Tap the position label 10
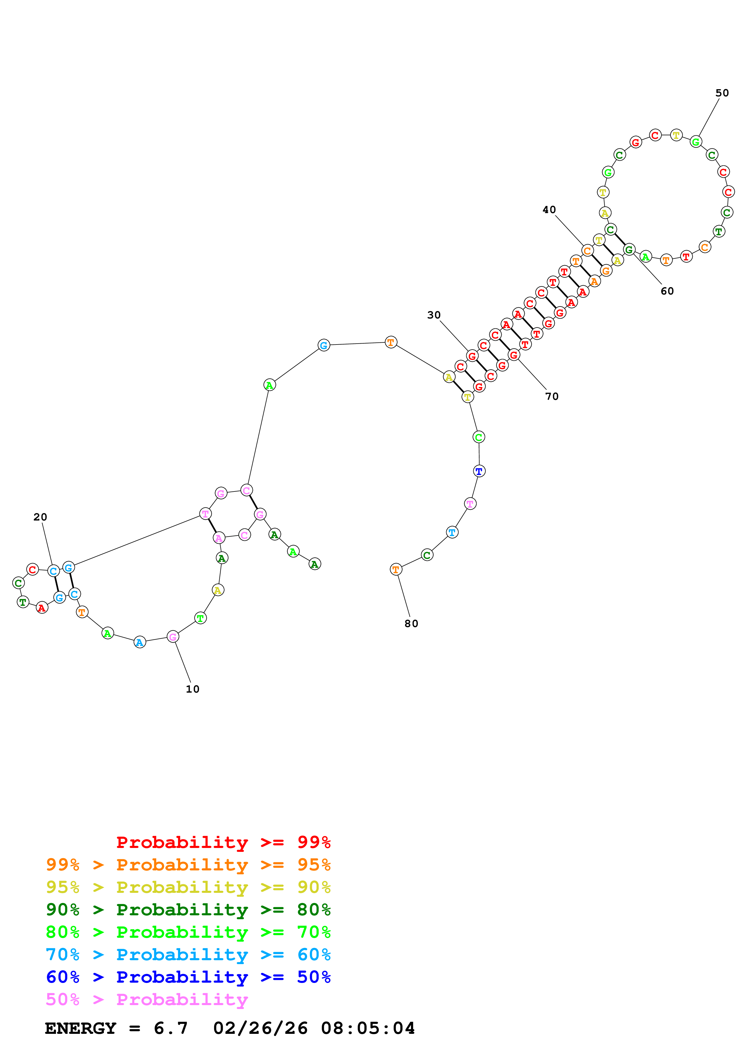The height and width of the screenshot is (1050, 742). (192, 689)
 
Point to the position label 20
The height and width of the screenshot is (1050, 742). (40, 517)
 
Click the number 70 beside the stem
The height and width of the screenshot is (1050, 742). (552, 397)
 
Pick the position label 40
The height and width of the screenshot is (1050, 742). (549, 210)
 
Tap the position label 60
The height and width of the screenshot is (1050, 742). (667, 291)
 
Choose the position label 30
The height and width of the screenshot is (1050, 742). (434, 315)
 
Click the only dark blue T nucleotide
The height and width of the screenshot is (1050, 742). (479, 471)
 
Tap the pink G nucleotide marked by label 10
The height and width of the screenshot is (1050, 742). (173, 637)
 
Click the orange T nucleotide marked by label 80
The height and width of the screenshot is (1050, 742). (396, 569)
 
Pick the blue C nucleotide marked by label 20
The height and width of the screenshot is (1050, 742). (54, 571)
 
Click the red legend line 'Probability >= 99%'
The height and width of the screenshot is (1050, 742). (223, 842)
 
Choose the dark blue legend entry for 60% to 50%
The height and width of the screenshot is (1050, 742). (188, 977)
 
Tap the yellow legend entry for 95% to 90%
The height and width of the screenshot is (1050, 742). (188, 887)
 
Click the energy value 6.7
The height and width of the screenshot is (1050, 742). (171, 1028)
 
